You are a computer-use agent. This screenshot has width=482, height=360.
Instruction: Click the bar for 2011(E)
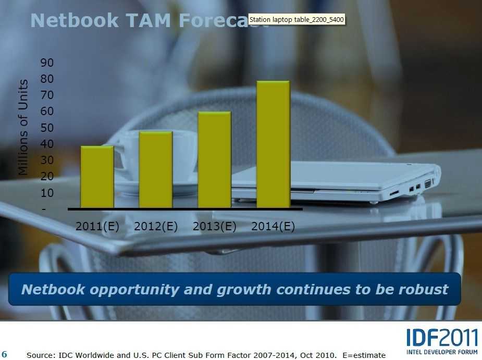[97, 177]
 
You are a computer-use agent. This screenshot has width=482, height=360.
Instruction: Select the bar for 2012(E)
[156, 170]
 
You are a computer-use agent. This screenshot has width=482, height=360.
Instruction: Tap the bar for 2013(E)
[214, 160]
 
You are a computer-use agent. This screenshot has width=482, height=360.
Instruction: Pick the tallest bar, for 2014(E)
[273, 144]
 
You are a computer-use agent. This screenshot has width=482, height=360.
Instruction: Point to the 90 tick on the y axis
[47, 63]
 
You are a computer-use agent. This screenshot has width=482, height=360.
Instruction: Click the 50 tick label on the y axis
[47, 128]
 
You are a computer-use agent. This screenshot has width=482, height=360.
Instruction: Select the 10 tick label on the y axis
[47, 193]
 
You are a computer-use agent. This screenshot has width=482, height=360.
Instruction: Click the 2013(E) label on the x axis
[214, 227]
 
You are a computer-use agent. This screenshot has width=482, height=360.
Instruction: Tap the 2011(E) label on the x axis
[97, 227]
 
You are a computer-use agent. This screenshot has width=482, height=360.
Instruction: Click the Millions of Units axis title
[23, 127]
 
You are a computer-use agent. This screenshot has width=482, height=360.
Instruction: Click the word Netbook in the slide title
[75, 21]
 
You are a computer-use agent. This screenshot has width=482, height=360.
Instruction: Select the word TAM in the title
[149, 21]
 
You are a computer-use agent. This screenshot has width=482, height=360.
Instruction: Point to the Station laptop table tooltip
[296, 20]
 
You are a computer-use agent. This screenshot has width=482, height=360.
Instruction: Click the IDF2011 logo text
[442, 338]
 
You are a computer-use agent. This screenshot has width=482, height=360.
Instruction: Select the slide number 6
[4, 354]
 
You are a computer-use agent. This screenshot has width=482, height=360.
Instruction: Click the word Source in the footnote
[40, 355]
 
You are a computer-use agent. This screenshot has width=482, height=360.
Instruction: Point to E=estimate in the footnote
[364, 355]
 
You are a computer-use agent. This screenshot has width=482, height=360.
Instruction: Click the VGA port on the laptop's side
[428, 184]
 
